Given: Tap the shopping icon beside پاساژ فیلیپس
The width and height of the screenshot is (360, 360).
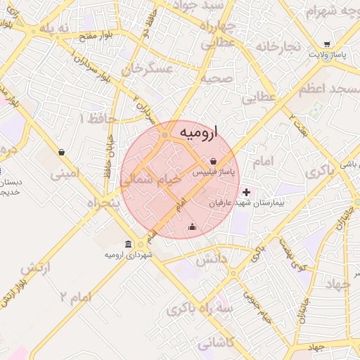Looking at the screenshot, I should coord(213,161).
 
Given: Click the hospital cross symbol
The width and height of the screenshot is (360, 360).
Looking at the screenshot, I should coord(246,192).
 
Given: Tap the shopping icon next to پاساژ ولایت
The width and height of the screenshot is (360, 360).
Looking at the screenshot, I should coord(328,44).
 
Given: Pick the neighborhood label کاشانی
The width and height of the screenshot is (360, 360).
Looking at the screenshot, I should coord(216,344).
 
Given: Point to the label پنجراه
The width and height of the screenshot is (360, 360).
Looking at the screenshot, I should coord(103,202).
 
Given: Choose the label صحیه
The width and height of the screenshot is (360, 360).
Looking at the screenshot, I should coord(216,78).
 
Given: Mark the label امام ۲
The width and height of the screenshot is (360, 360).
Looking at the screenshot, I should coord(76,296).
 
